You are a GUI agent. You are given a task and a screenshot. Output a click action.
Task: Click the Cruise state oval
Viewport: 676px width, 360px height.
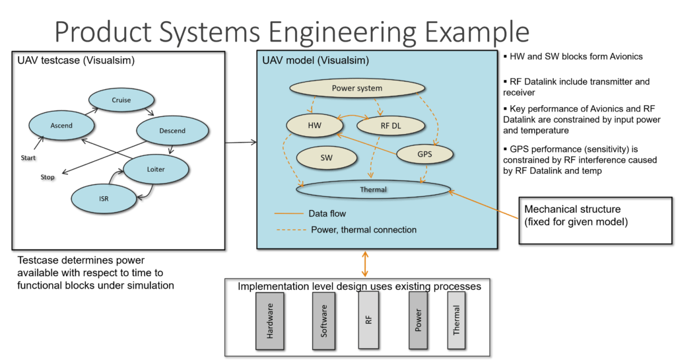click(x=121, y=100)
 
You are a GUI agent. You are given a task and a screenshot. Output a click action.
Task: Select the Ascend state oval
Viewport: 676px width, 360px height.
click(x=61, y=125)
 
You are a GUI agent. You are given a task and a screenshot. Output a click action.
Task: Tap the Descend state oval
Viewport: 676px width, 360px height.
click(x=172, y=130)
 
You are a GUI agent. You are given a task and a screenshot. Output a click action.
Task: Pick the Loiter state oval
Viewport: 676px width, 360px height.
click(x=156, y=169)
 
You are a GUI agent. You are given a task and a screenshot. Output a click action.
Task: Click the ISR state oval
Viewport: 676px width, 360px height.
click(x=104, y=198)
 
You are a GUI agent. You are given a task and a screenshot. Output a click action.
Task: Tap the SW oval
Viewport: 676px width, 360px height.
click(x=326, y=158)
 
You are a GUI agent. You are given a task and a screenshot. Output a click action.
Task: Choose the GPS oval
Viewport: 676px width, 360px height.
click(x=424, y=154)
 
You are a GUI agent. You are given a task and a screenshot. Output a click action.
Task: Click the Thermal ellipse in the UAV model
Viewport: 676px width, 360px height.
click(x=374, y=190)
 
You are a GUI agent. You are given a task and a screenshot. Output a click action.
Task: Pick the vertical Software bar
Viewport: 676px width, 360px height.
click(x=324, y=321)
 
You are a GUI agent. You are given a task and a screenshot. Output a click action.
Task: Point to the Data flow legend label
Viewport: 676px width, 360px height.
click(x=327, y=213)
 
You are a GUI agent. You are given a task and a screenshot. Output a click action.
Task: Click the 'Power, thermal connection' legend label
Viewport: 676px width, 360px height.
click(x=364, y=230)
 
